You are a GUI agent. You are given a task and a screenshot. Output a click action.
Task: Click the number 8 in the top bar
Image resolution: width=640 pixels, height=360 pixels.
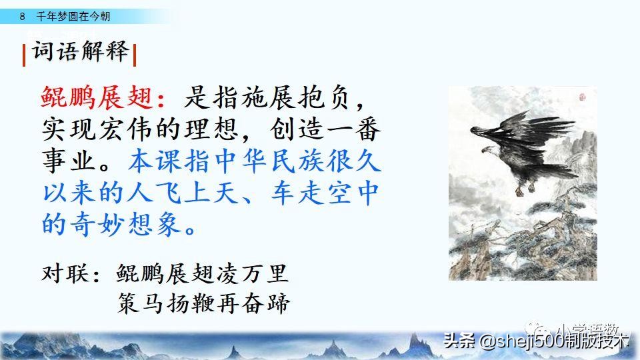pyautogui.click(x=22, y=16)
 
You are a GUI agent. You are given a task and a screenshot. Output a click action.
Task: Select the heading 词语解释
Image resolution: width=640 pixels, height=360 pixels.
pyautogui.click(x=79, y=53)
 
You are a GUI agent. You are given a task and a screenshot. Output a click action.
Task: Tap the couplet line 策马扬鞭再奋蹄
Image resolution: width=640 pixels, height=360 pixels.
pyautogui.click(x=203, y=303)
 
